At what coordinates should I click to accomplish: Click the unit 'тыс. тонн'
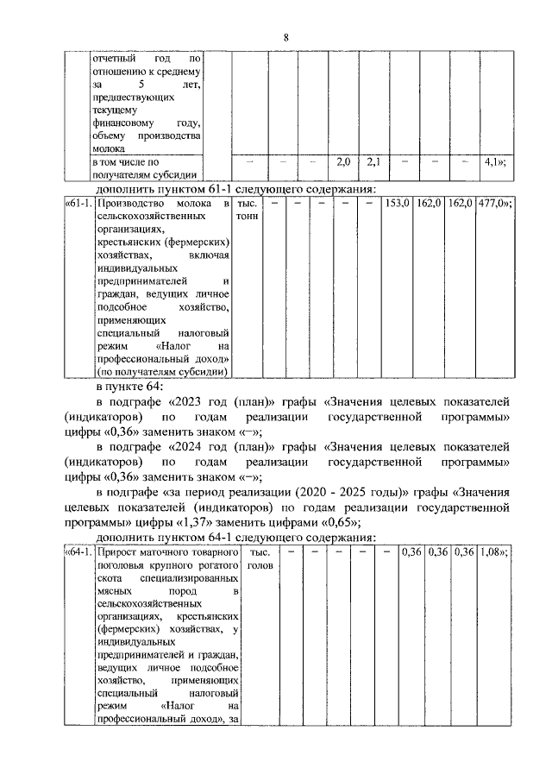point(248,211)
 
